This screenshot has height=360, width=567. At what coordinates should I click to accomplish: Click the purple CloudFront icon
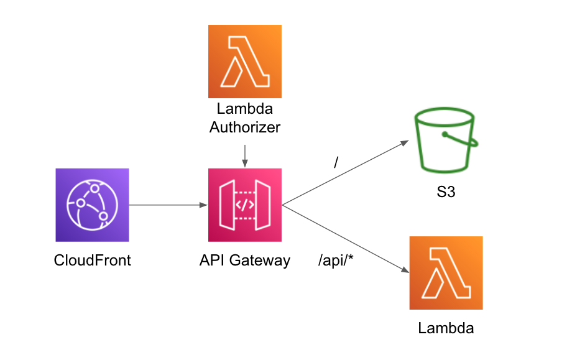92,205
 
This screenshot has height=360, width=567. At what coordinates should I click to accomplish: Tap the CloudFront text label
93,260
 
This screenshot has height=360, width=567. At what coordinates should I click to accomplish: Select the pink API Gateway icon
245,205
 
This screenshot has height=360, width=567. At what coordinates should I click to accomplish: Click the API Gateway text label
245,260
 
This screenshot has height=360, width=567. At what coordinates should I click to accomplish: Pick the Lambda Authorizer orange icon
245,61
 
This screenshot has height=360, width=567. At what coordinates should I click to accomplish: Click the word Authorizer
245,127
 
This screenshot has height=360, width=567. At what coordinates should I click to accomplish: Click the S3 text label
446,192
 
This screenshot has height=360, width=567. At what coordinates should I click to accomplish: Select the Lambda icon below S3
446,272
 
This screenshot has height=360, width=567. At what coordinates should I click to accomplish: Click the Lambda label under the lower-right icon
446,328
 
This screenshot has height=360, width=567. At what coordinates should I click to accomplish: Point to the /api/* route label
336,260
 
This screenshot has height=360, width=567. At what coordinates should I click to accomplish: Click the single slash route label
336,163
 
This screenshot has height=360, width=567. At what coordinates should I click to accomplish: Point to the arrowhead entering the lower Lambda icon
405,270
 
